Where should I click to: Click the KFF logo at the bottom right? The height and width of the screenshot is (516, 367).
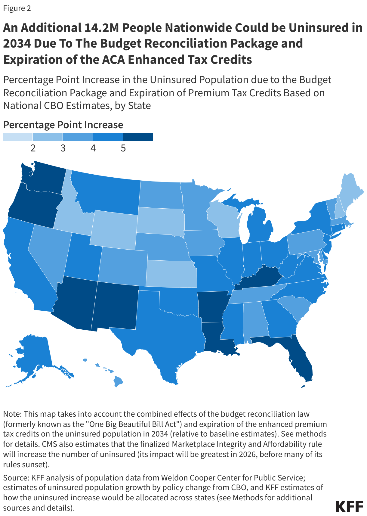point(349,506)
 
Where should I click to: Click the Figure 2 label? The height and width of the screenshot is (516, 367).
point(17,8)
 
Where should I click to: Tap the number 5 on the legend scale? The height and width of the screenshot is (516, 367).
point(123,148)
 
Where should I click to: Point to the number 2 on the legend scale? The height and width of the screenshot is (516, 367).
point(33,148)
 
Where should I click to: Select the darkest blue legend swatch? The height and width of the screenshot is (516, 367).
point(138,137)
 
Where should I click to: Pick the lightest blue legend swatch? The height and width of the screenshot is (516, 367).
point(18,137)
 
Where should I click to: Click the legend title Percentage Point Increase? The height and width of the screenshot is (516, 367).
point(63,125)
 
